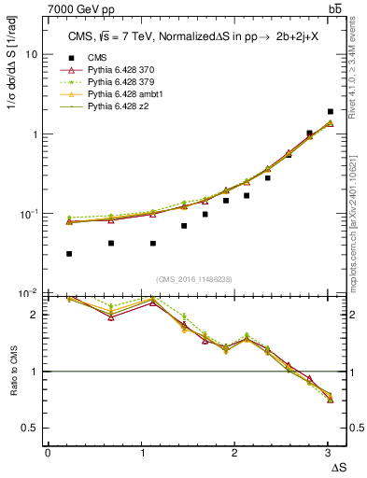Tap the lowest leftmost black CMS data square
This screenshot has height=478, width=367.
point(70,254)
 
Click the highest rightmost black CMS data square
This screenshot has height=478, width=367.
point(331,111)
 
